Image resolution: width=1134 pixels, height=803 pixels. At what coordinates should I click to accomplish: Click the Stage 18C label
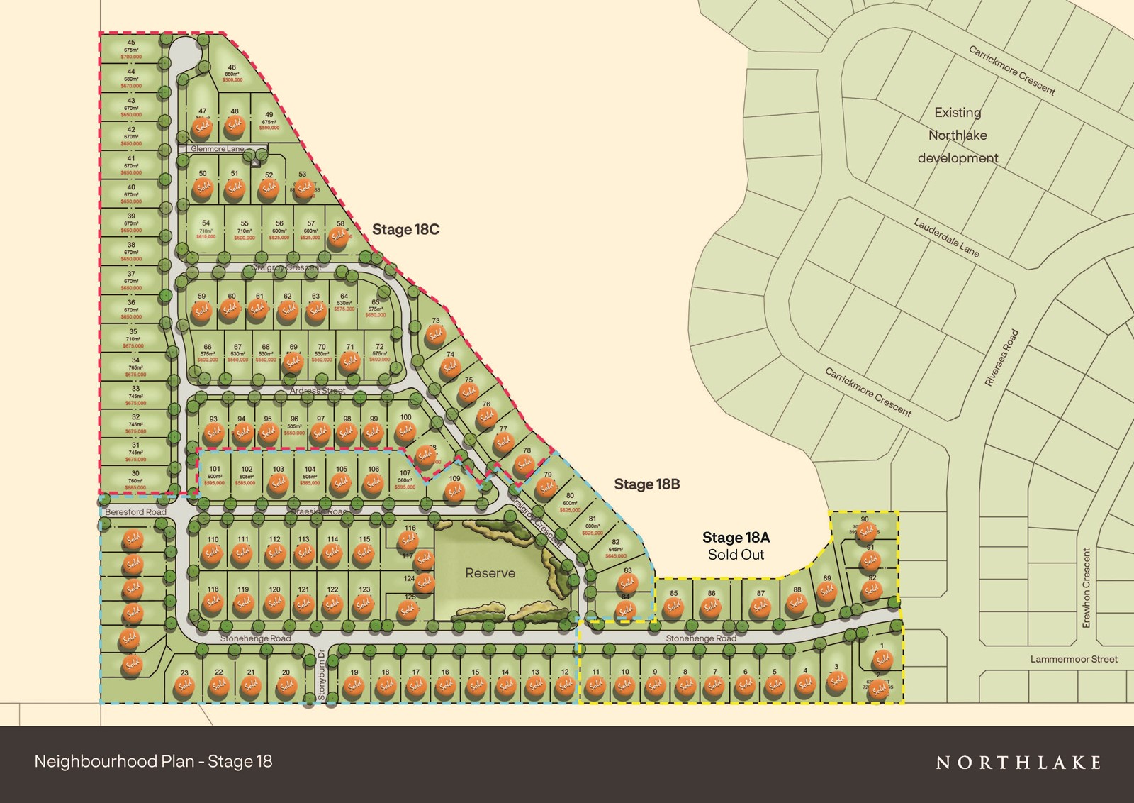tap(405, 229)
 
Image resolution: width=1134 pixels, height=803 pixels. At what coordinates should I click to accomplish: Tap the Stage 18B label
tap(646, 484)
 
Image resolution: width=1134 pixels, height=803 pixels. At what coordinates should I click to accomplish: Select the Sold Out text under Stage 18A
tap(736, 555)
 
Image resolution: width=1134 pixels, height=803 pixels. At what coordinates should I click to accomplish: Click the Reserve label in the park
tap(490, 573)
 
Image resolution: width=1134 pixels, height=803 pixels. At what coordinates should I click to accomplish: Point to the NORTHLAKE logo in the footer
tap(1018, 763)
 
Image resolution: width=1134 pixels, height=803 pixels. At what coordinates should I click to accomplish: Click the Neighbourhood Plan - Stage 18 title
tap(153, 762)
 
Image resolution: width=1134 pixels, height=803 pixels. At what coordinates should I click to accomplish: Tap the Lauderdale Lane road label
tap(946, 237)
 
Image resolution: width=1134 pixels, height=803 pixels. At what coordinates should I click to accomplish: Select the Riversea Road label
tap(1001, 358)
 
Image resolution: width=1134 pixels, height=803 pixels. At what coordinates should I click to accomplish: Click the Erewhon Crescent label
tap(1087, 587)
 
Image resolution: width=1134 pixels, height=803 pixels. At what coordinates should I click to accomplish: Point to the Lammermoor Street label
tap(1074, 659)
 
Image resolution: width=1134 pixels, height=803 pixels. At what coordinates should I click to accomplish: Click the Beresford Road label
tap(135, 511)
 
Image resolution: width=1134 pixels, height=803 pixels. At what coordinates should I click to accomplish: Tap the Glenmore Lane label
tap(217, 149)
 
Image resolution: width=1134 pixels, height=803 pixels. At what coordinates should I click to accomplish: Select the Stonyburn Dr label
tap(321, 675)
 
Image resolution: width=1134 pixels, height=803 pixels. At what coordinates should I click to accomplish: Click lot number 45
tap(131, 43)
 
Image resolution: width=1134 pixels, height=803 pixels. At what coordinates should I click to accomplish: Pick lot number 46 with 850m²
tap(232, 67)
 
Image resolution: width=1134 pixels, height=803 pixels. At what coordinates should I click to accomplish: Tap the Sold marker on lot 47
tap(203, 128)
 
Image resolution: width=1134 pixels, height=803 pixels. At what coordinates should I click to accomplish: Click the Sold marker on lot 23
tap(185, 686)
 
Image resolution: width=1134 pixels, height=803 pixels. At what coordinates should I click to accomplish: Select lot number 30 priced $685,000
tap(135, 473)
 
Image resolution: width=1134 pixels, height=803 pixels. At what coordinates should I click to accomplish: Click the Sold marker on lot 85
tap(673, 607)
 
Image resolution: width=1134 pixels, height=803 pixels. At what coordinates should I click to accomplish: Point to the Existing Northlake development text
tap(958, 135)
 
